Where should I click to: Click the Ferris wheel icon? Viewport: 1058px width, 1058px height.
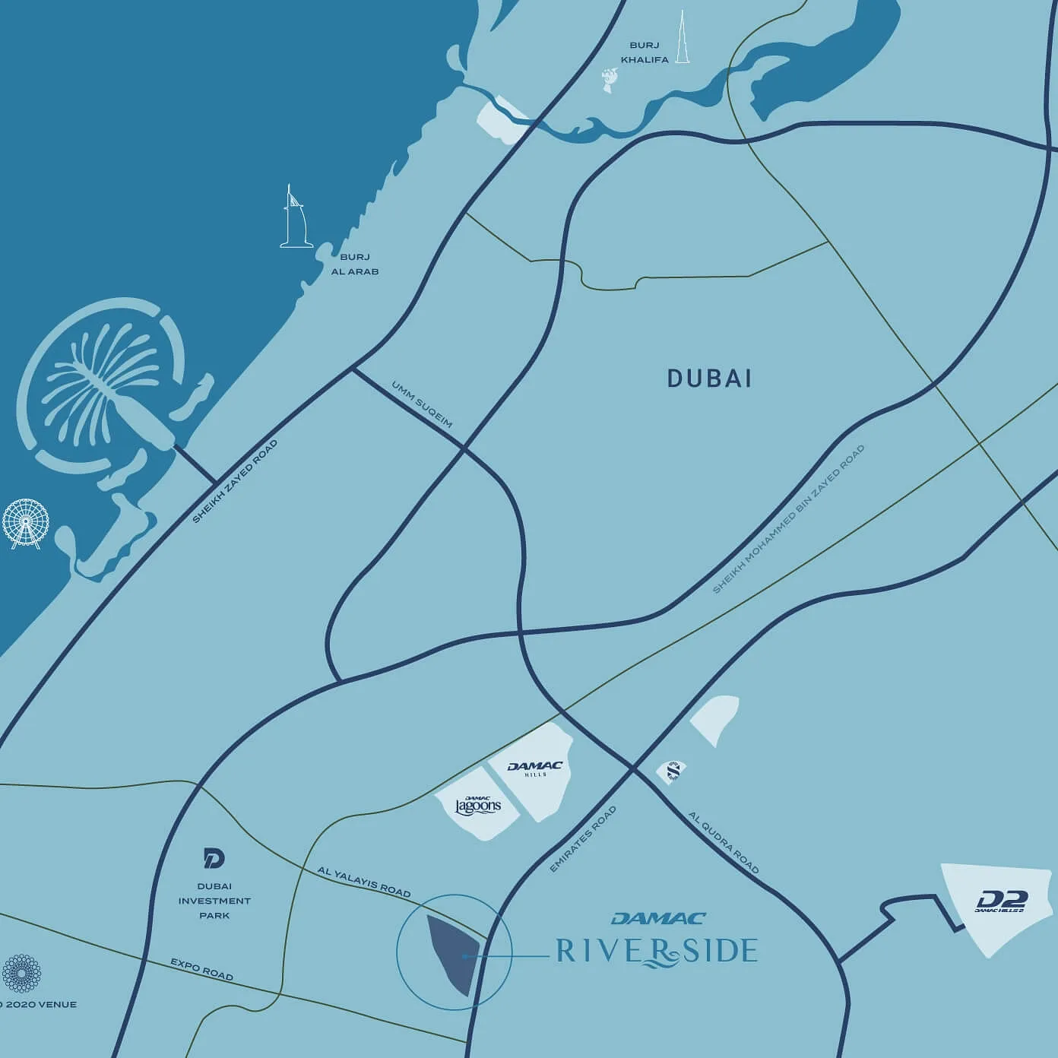point(25,524)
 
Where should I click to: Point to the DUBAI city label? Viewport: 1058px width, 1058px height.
point(709,379)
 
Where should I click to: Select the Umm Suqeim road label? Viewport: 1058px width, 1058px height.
point(422,404)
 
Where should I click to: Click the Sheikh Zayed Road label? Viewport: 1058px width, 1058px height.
point(235,481)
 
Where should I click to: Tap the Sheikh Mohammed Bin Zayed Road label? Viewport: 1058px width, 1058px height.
point(789,519)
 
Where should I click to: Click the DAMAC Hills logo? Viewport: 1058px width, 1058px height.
point(534,768)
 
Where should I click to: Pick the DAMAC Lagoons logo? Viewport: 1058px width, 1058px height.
point(478,805)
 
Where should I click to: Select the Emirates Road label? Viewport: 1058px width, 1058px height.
point(583,839)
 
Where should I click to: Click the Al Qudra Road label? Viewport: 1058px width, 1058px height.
point(724,842)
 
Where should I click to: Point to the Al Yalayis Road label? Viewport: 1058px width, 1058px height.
point(364,881)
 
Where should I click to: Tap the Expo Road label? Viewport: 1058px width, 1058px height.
point(201,969)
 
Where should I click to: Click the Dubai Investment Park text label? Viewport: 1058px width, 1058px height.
point(214,901)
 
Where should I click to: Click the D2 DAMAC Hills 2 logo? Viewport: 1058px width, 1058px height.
point(1001,901)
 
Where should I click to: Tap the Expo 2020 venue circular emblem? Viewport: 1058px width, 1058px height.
point(21,974)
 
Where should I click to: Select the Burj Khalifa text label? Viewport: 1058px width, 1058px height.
point(645,52)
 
